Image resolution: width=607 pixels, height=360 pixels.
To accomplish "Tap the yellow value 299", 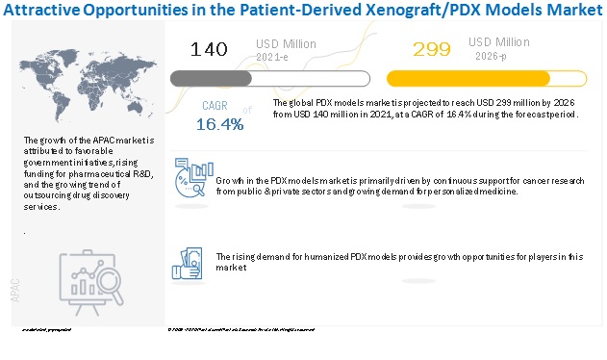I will [431, 49].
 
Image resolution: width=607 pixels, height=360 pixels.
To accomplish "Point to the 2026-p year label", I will [488, 57].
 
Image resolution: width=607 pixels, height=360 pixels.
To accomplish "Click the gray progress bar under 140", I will [268, 79].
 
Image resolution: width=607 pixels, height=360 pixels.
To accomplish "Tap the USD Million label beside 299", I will [500, 42].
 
